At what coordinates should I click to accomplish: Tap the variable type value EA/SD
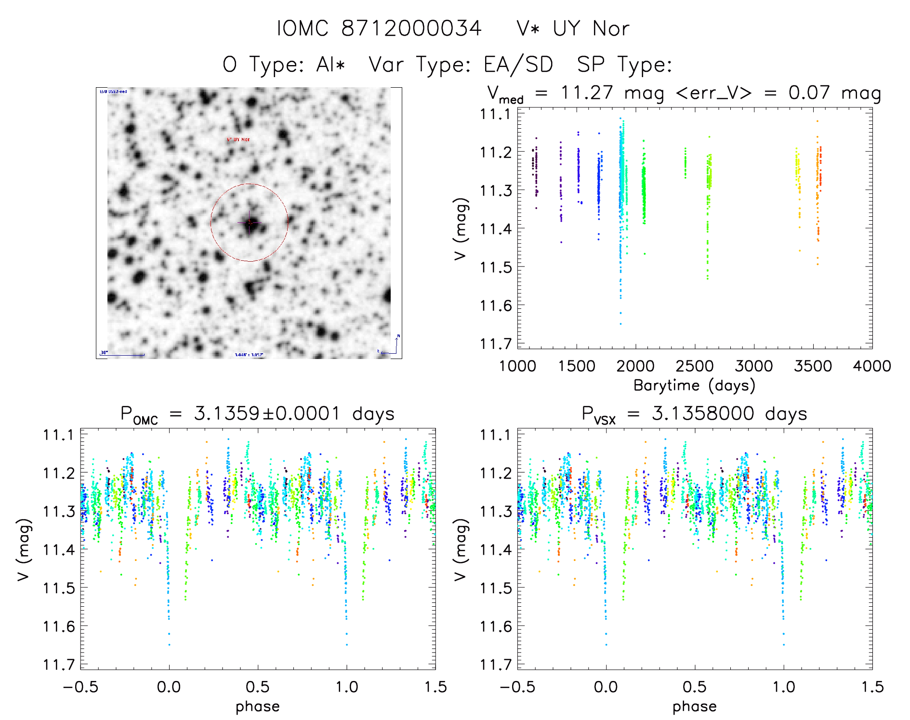(x=518, y=64)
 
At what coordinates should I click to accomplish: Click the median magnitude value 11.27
(x=586, y=93)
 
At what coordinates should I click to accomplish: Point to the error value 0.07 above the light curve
(x=809, y=93)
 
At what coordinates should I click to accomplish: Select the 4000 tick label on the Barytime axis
(x=872, y=366)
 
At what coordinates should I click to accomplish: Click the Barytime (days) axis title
(x=694, y=385)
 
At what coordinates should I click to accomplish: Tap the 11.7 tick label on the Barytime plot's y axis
(x=495, y=344)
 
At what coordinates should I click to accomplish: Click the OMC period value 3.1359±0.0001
(x=267, y=413)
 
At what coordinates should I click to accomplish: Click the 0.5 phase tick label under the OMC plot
(x=258, y=687)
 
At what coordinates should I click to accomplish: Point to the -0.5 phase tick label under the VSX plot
(x=517, y=687)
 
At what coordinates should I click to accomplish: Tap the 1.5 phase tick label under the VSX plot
(x=872, y=687)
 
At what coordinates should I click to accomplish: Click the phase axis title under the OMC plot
(x=257, y=707)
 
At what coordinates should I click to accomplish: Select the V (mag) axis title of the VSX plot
(x=460, y=549)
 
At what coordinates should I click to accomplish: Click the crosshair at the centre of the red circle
(x=250, y=222)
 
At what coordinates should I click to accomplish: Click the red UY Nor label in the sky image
(x=238, y=139)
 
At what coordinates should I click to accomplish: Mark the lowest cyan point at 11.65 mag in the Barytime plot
(x=620, y=324)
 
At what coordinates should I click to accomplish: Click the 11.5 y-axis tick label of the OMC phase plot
(x=58, y=588)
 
